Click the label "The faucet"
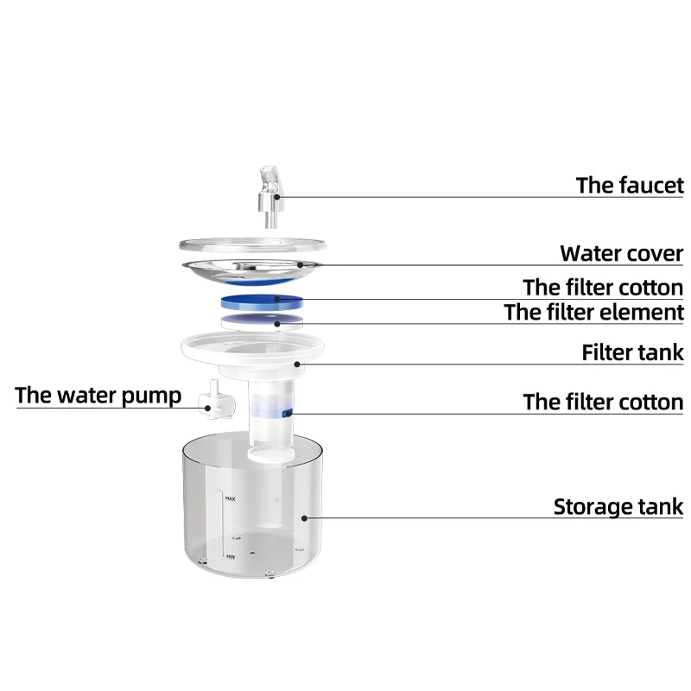click(x=630, y=185)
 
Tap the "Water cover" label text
click(x=621, y=254)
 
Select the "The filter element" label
click(x=594, y=312)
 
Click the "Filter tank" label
click(x=632, y=352)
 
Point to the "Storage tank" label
click(x=618, y=507)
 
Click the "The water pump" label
click(x=98, y=396)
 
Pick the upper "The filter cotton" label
click(x=603, y=287)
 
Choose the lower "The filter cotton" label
click(x=603, y=402)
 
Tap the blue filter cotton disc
click(x=262, y=301)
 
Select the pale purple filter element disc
click(x=262, y=321)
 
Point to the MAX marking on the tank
click(x=231, y=499)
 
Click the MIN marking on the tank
click(x=231, y=558)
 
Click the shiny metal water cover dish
click(x=259, y=267)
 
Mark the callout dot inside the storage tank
click(x=304, y=518)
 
